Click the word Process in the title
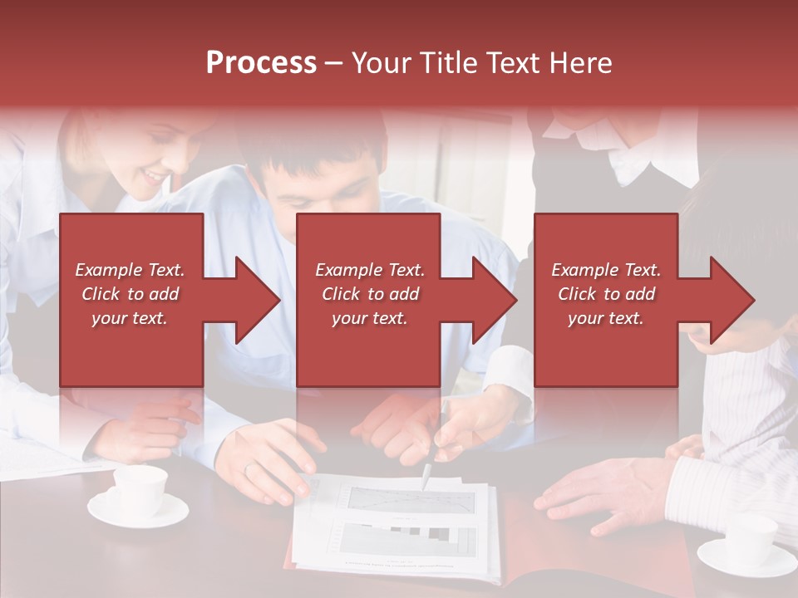(261, 63)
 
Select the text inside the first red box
(130, 294)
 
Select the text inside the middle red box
(370, 294)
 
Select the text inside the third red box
(606, 294)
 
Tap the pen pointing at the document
(426, 476)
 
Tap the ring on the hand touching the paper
(250, 469)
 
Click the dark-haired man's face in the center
(324, 195)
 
